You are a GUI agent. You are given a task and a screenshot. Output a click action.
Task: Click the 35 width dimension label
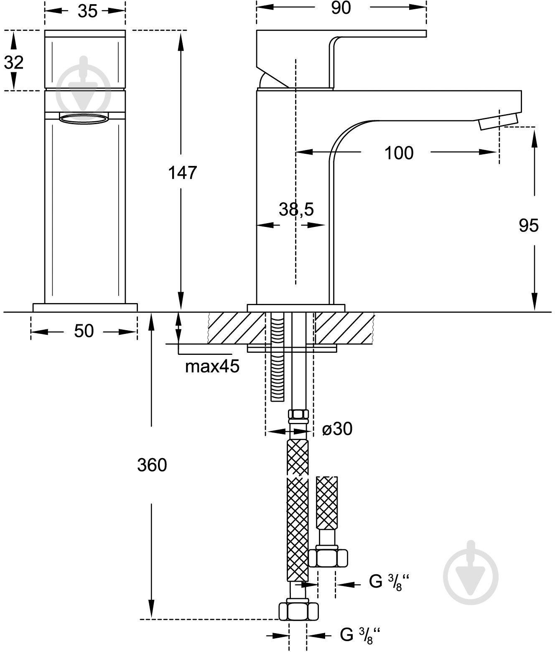pyautogui.click(x=88, y=12)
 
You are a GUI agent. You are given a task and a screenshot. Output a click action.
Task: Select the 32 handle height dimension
pyautogui.click(x=13, y=62)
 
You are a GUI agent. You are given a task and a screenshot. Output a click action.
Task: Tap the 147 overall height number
pyautogui.click(x=182, y=173)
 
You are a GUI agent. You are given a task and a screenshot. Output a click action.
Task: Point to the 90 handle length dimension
pyautogui.click(x=341, y=8)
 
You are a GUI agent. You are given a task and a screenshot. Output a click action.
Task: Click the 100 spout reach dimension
pyautogui.click(x=399, y=153)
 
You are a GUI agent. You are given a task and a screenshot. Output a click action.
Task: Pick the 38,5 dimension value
pyautogui.click(x=296, y=209)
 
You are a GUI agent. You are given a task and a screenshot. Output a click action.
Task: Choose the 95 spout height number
pyautogui.click(x=529, y=226)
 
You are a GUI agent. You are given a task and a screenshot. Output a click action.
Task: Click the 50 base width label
pyautogui.click(x=84, y=331)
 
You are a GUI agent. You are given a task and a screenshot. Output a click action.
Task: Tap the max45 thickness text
pyautogui.click(x=212, y=366)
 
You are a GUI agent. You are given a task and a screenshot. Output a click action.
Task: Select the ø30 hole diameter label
pyautogui.click(x=337, y=429)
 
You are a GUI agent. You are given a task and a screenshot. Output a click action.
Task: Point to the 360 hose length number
pyautogui.click(x=152, y=465)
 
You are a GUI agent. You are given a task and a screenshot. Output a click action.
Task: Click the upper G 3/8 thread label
pyautogui.click(x=389, y=582)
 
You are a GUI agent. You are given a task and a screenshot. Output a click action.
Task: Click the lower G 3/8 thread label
pyautogui.click(x=360, y=634)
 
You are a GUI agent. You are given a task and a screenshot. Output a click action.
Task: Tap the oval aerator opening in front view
pyautogui.click(x=84, y=119)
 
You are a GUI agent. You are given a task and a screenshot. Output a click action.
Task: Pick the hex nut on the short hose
pyautogui.click(x=328, y=558)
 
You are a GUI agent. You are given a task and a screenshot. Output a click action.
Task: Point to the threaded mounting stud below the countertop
pyautogui.click(x=277, y=357)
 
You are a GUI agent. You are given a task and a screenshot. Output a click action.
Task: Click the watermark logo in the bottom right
pyautogui.click(x=471, y=577)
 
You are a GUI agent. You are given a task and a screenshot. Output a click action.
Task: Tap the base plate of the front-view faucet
pyautogui.click(x=85, y=308)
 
